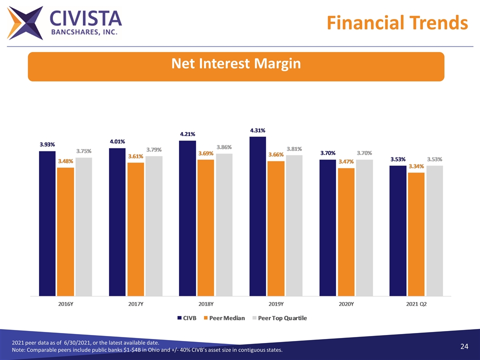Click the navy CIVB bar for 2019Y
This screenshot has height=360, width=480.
tap(257, 215)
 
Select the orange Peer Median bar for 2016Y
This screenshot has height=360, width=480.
tap(65, 231)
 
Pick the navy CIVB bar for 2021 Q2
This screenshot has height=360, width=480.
tap(398, 230)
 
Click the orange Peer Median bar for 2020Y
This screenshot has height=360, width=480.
tap(346, 231)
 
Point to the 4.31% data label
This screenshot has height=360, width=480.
tap(258, 130)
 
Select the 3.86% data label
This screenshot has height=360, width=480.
tap(224, 147)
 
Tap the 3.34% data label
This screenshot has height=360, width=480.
tap(416, 166)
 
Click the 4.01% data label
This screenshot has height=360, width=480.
tap(117, 141)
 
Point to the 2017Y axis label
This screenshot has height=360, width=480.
tap(135, 303)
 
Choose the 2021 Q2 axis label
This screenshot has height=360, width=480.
tap(416, 303)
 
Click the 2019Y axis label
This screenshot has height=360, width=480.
tap(275, 303)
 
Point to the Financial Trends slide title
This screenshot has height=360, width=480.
tap(396, 22)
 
